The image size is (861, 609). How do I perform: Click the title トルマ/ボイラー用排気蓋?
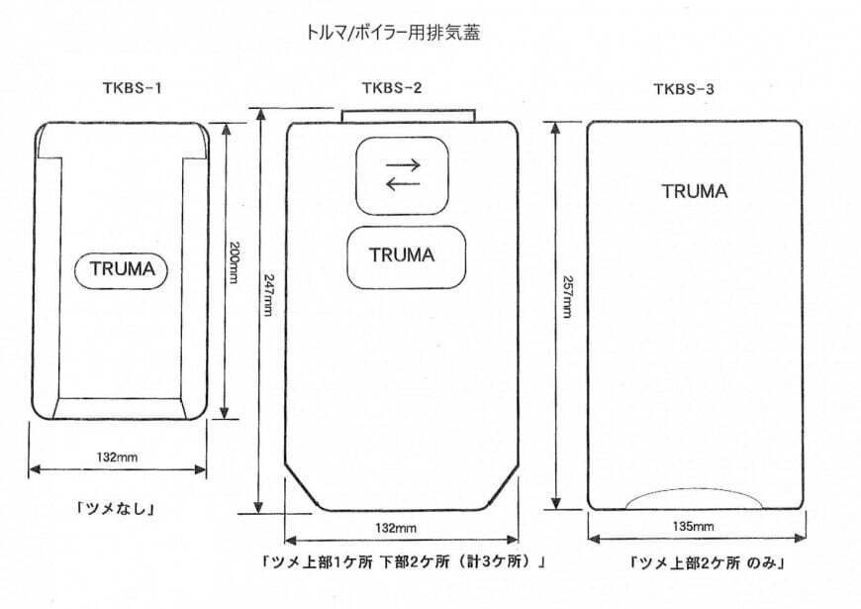[x=393, y=33]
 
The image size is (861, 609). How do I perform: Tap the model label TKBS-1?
[x=132, y=88]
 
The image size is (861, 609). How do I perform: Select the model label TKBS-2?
[x=392, y=88]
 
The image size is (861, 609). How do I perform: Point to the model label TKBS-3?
[x=684, y=89]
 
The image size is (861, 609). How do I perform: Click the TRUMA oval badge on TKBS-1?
[x=121, y=269]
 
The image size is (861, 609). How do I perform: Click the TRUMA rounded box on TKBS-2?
[x=407, y=256]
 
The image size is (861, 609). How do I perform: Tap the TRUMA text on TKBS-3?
[x=695, y=191]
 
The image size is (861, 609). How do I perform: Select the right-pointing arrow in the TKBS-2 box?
[x=403, y=164]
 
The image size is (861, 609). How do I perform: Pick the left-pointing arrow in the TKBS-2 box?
[x=403, y=183]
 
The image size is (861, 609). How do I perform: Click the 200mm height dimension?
[x=234, y=262]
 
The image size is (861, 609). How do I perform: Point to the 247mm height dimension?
[x=268, y=295]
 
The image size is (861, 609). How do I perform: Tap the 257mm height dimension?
[x=568, y=296]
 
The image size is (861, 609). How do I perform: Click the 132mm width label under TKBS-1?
[x=117, y=457]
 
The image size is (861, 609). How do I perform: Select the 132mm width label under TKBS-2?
[x=396, y=528]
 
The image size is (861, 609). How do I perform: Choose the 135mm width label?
[x=693, y=527]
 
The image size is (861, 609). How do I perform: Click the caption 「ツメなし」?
[x=116, y=508]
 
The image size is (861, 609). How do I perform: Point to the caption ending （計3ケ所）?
[x=404, y=561]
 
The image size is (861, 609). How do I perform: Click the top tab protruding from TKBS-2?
[x=408, y=116]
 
